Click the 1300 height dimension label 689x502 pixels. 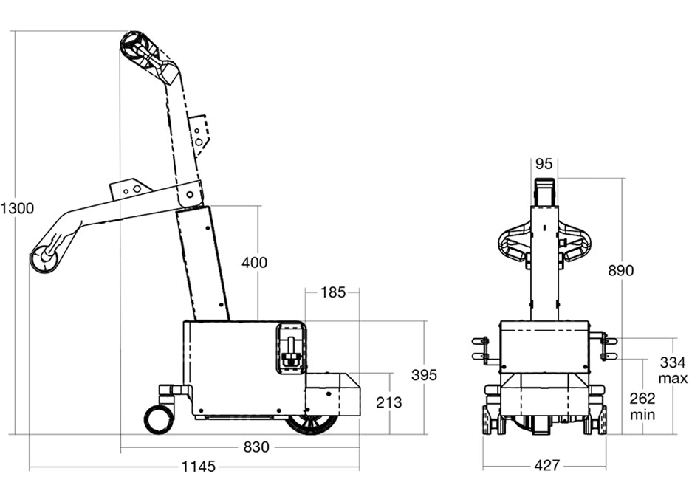[17, 209]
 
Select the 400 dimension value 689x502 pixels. [255, 262]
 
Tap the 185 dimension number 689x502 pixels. [332, 292]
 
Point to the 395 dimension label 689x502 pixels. [424, 375]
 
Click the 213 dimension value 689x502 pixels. [389, 402]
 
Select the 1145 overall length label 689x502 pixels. [198, 467]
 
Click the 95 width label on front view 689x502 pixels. [545, 163]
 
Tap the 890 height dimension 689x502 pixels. [620, 271]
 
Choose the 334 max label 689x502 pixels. [673, 370]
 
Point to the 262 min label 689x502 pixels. [642, 405]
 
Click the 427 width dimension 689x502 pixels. [546, 466]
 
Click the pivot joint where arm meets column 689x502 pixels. [191, 193]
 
